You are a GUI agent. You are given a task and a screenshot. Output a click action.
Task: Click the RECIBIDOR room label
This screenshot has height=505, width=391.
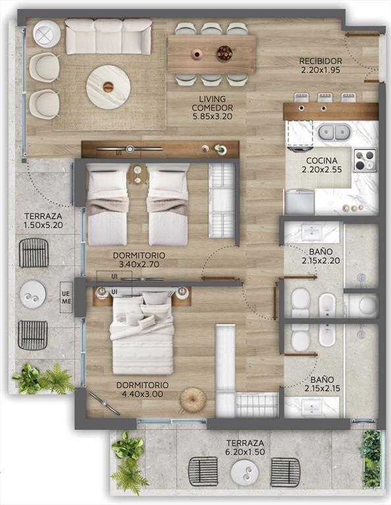[321, 61]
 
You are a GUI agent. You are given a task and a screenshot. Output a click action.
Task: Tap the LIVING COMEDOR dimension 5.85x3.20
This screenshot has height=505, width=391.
[213, 116]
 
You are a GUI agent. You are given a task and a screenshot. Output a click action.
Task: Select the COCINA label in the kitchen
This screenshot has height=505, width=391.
[322, 160]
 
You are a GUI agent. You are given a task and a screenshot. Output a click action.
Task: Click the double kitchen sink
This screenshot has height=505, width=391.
[334, 132]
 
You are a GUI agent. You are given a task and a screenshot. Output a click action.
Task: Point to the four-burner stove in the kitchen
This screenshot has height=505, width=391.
[365, 160]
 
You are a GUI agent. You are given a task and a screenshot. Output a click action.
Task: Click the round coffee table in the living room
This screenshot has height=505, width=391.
[109, 87]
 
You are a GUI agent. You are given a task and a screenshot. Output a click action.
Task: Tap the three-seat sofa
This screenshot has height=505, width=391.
[109, 36]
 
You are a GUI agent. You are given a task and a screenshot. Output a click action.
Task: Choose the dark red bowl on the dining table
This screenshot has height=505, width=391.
[224, 53]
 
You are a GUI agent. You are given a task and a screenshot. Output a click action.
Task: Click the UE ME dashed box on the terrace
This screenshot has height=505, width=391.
[66, 298]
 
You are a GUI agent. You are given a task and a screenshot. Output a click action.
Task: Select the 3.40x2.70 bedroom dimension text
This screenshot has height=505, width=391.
[139, 264]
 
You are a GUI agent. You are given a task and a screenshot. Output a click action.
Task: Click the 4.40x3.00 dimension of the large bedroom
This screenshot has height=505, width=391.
[142, 394]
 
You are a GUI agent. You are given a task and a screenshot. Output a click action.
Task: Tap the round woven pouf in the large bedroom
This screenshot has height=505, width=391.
[193, 400]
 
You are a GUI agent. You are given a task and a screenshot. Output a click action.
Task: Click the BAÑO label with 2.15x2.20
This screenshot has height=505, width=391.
[321, 256]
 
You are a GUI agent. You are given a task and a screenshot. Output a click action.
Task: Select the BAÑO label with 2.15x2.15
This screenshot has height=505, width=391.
[322, 384]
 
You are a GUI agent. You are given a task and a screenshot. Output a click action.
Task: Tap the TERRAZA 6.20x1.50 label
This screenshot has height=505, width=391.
[245, 448]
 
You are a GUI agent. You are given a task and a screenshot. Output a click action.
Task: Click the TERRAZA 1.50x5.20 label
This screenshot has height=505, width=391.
[43, 221]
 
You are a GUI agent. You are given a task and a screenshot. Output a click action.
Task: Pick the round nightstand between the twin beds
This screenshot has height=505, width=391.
[138, 174]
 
